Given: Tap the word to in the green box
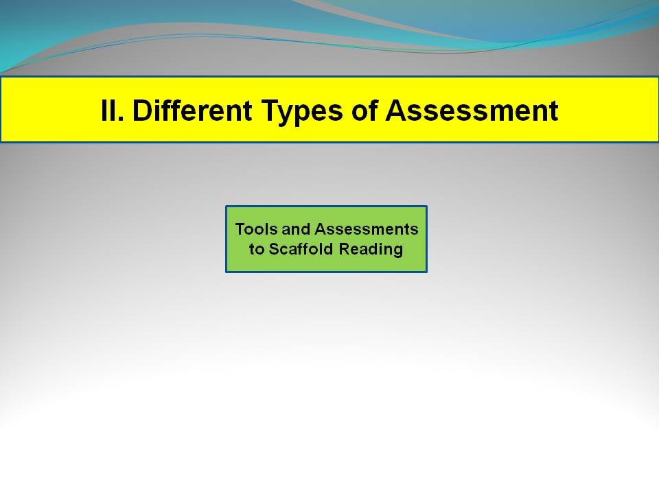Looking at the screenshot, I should [x=256, y=249].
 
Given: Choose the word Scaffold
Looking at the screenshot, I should [x=302, y=249].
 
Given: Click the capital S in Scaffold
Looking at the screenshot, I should [x=273, y=249].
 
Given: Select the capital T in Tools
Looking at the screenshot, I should [x=240, y=229].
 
